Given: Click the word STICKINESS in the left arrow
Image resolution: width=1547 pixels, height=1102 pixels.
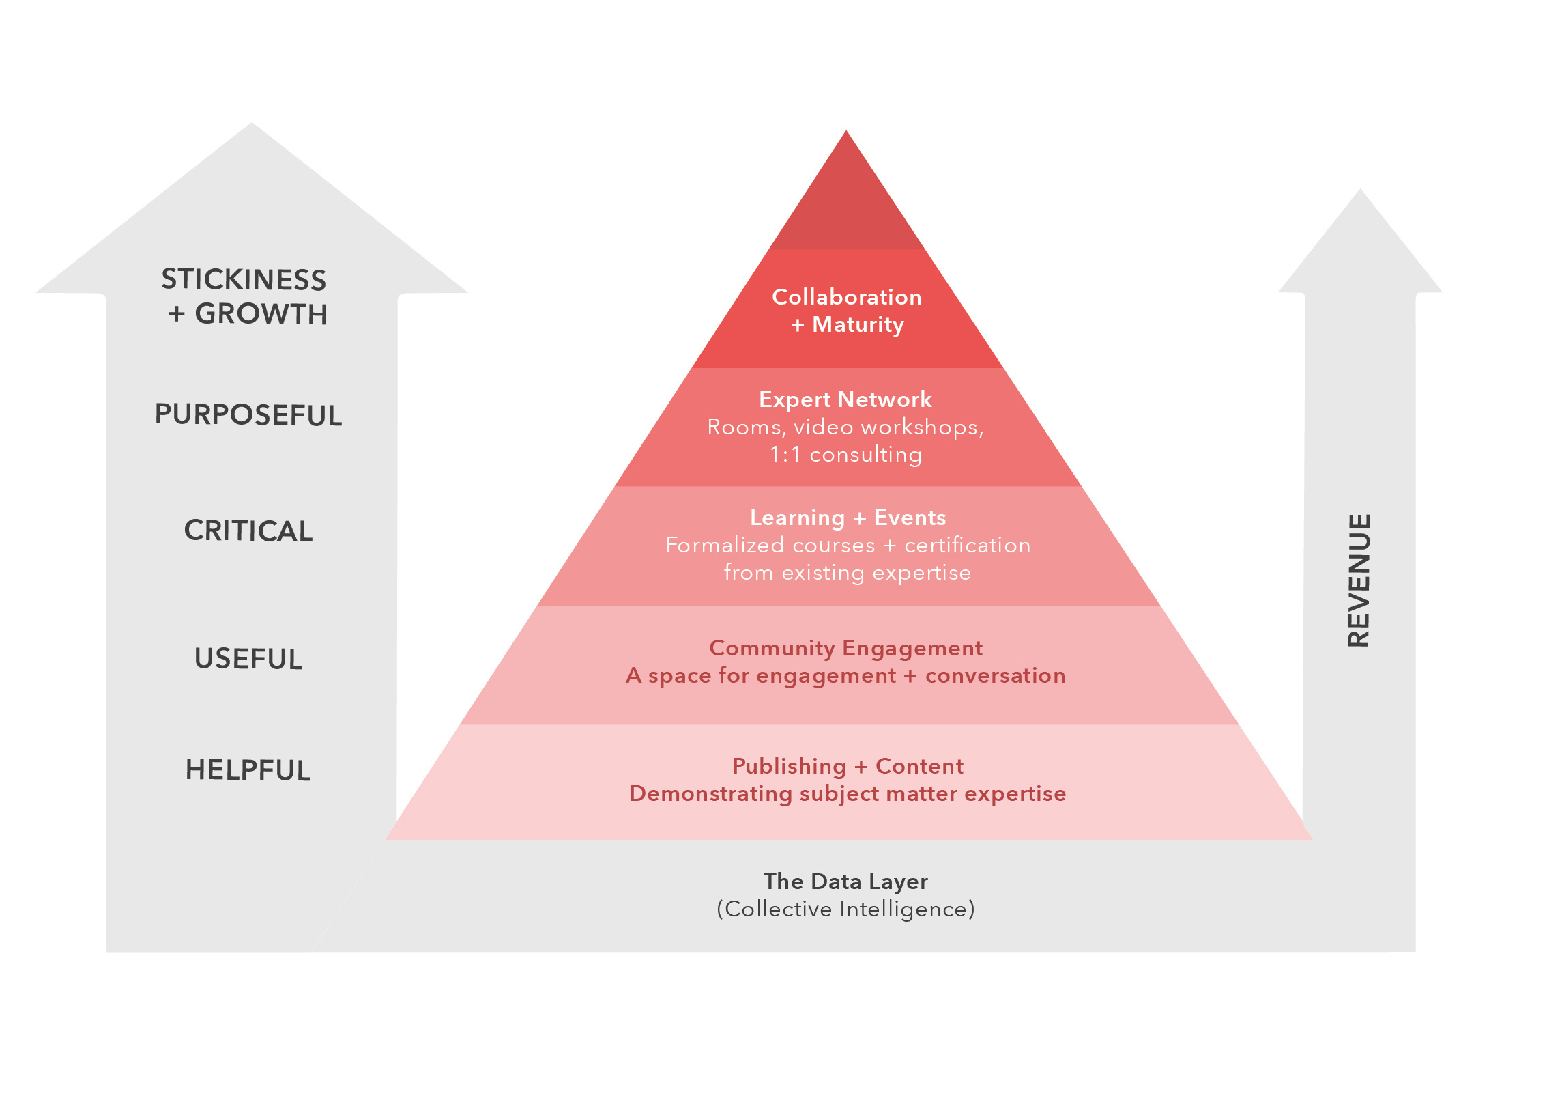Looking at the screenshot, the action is pos(244,279).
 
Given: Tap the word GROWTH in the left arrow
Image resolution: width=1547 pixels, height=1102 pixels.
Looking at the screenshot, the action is pos(261,314).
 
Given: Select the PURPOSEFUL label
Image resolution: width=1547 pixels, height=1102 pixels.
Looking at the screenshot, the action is pos(248,414).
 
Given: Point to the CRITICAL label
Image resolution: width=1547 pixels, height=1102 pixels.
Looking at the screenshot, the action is pos(248,531).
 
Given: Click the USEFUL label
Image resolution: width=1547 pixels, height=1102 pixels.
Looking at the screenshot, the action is pos(248,659).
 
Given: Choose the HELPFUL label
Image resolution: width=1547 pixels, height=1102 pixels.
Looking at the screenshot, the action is pos(248,770).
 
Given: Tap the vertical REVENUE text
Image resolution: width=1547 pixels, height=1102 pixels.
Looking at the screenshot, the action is pos(1359,580).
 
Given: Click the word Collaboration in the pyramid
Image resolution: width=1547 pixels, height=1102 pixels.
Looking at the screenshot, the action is pos(847,297).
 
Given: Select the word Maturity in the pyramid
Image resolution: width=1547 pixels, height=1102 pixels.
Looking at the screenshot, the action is pos(858,325).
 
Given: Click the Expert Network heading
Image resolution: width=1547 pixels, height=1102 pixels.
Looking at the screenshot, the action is pos(845,399).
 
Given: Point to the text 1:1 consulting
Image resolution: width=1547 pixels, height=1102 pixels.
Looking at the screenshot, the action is pos(845,455).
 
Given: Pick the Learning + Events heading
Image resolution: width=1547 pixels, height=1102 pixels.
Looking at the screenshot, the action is pos(848,518).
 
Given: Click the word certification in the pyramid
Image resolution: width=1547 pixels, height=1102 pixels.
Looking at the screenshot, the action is pos(968,546).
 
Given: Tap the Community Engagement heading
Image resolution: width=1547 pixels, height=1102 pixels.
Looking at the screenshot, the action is pos(846,648).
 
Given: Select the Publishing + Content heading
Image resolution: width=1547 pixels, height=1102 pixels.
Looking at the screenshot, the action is pos(848,766).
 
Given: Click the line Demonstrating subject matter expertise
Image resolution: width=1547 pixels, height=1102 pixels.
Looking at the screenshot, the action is pos(848,794).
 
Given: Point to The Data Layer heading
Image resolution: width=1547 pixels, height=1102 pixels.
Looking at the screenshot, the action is pos(846,881).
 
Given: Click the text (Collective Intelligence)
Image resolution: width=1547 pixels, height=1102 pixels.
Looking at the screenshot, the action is pos(846,909).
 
